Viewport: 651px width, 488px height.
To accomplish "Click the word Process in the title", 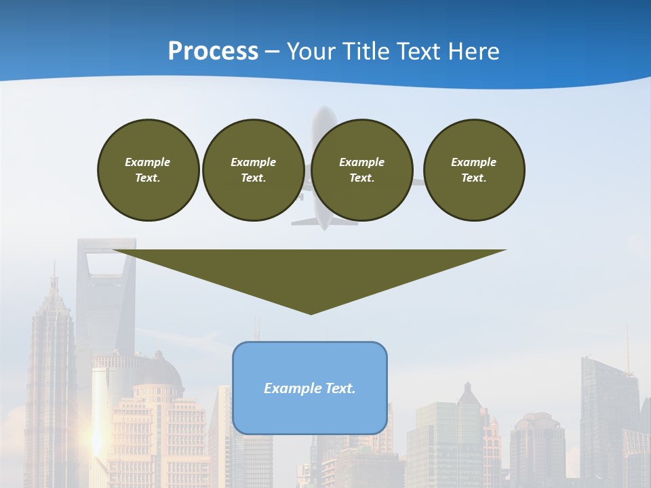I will [x=213, y=51].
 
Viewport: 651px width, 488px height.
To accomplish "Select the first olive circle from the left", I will [x=148, y=170].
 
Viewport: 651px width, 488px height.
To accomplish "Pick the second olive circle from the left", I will [x=253, y=170].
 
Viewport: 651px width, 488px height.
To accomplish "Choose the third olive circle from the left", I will [x=361, y=170].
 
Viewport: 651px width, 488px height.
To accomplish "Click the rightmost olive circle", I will [x=473, y=170].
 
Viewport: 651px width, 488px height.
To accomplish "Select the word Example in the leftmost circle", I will [x=148, y=162].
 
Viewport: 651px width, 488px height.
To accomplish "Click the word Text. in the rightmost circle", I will [x=473, y=178].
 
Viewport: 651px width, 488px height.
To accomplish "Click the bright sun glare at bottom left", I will [x=96, y=441].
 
